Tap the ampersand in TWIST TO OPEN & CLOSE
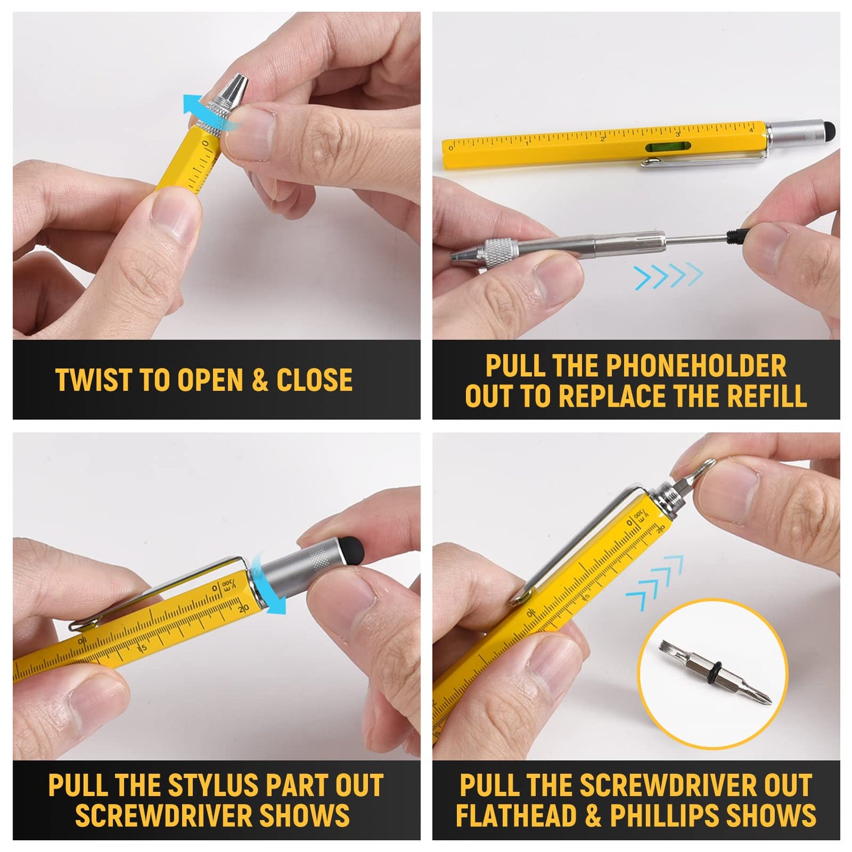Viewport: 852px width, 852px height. [x=259, y=380]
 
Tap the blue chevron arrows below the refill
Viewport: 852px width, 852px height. [x=669, y=276]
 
